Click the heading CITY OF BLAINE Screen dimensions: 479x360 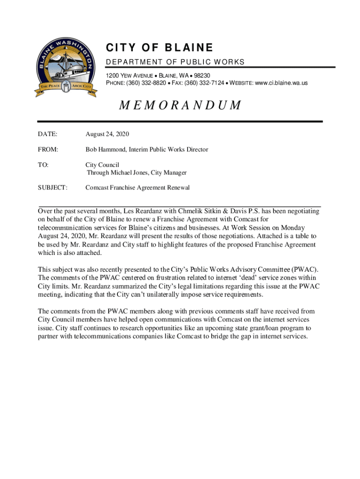159,48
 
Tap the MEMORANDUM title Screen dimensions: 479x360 180,105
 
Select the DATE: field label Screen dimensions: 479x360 48,135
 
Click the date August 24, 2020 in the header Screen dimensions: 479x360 107,135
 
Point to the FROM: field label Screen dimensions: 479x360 48,150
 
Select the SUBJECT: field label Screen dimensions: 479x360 53,188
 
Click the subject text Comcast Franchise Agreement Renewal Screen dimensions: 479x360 137,188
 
